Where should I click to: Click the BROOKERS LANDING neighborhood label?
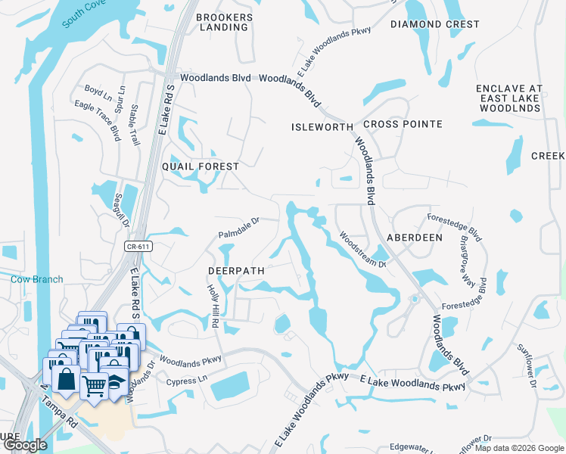point(222,21)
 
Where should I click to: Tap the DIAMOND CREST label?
point(435,24)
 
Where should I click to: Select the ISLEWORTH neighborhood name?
point(322,127)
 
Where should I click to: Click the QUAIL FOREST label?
point(201,166)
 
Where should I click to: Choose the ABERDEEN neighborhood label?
point(415,237)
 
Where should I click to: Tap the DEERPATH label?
point(235,270)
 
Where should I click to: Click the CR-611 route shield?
point(135,247)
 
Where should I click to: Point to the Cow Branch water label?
point(37,279)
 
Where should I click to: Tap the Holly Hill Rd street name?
point(213,306)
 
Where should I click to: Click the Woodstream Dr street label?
point(362,250)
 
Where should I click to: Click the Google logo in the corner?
point(26,445)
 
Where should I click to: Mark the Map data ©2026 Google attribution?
point(519,447)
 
